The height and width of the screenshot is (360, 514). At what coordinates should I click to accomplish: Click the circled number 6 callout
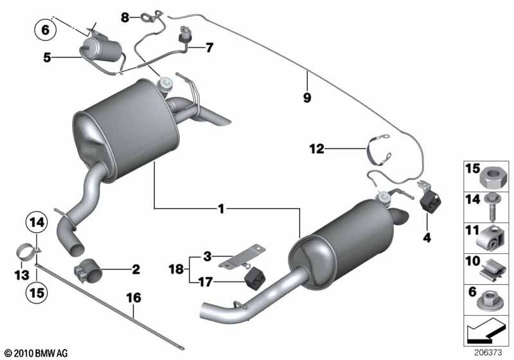tap(45, 30)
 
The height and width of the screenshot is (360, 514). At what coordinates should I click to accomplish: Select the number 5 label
tap(47, 58)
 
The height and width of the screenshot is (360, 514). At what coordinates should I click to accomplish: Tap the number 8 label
tap(125, 17)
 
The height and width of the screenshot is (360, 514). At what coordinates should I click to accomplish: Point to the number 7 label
tap(209, 48)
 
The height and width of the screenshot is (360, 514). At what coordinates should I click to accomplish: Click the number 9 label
tap(307, 97)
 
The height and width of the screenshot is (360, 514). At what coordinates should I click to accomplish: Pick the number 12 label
tap(317, 149)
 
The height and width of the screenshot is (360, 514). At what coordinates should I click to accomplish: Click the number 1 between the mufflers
tap(221, 208)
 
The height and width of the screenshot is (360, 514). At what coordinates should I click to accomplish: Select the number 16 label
tap(134, 298)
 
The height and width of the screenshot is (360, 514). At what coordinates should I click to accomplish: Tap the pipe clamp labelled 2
tap(88, 271)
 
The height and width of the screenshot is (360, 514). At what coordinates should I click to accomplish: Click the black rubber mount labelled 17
tap(254, 278)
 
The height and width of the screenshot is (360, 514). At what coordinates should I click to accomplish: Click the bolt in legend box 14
tap(492, 207)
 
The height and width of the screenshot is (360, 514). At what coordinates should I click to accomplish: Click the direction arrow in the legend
tap(485, 330)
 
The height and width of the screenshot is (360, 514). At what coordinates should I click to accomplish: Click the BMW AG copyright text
tap(37, 353)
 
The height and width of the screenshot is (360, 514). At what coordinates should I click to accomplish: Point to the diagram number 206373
tap(488, 353)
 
